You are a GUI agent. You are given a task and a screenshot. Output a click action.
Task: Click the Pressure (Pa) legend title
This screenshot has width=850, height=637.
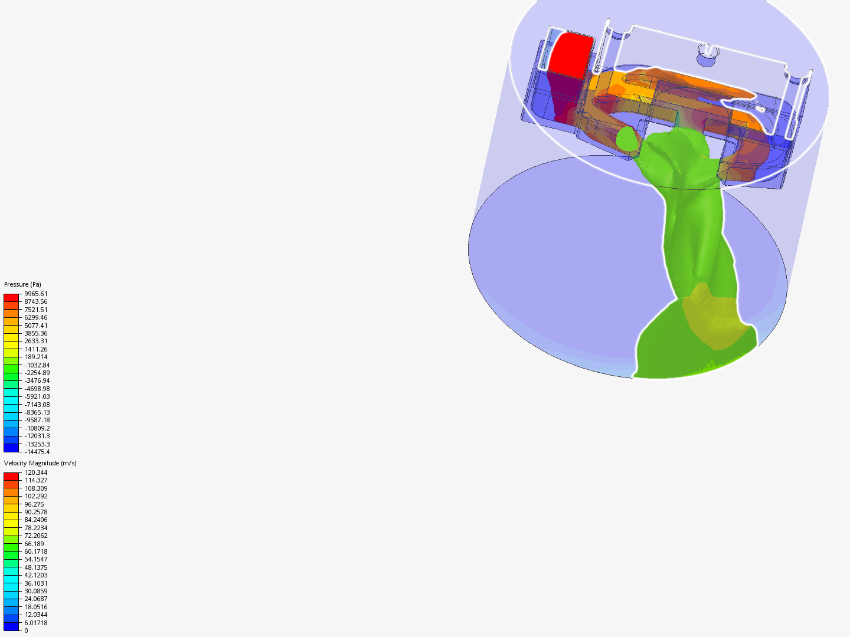[x=22, y=284]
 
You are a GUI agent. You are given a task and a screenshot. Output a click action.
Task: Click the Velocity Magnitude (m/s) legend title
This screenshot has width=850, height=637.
[x=40, y=463]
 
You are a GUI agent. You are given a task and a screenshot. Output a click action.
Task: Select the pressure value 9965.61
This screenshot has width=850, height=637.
[x=35, y=294]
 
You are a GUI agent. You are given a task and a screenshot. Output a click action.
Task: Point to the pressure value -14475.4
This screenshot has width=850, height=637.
[x=37, y=452]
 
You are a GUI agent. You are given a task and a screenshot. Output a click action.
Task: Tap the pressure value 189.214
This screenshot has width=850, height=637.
[x=35, y=357]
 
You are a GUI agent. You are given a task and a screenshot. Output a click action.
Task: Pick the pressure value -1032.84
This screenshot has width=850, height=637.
[x=37, y=365]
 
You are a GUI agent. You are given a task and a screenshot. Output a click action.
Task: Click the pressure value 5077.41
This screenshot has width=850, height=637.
[x=35, y=326]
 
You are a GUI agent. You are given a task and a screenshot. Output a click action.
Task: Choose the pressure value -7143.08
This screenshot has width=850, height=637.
[x=37, y=405]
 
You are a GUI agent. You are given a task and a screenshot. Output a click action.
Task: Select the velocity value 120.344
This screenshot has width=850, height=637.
[x=35, y=472]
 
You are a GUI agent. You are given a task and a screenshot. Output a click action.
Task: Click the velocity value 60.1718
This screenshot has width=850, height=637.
[x=35, y=551]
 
